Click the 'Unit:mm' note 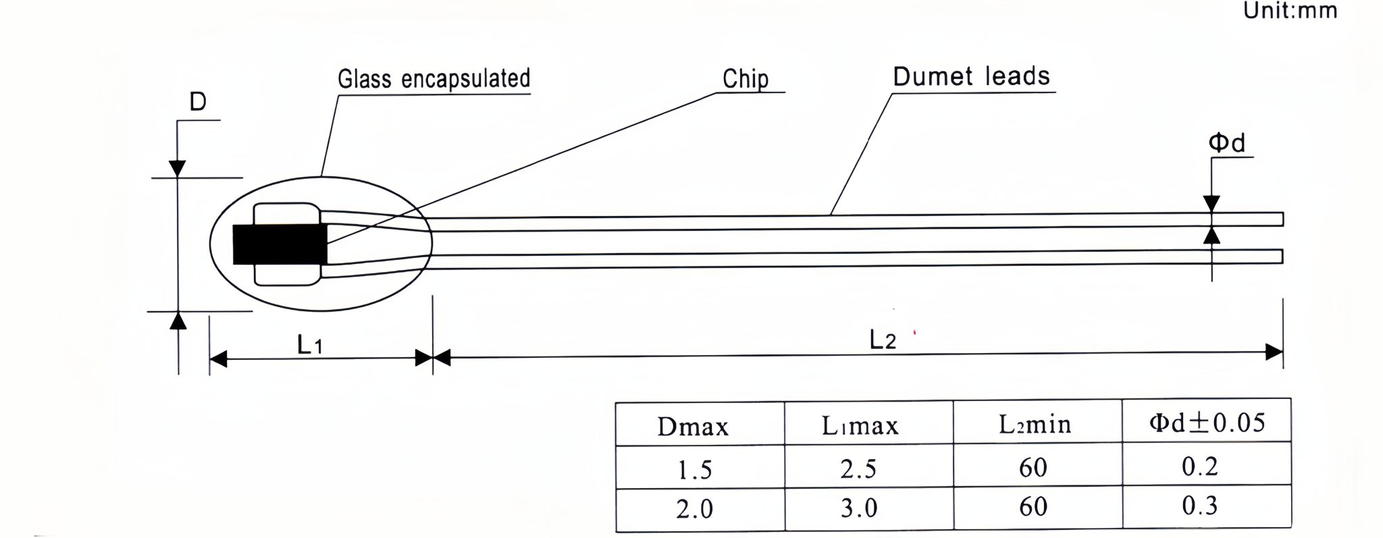click(x=1290, y=11)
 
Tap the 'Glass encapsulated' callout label click(x=434, y=78)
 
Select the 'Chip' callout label click(x=746, y=79)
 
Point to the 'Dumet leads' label click(x=971, y=76)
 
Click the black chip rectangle click(x=280, y=244)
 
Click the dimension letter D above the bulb click(x=197, y=102)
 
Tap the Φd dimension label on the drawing click(x=1227, y=142)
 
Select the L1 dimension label click(x=310, y=344)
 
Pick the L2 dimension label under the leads click(x=883, y=340)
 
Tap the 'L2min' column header click(x=1035, y=424)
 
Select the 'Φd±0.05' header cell click(x=1207, y=423)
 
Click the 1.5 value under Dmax click(x=694, y=470)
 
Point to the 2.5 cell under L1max click(x=858, y=468)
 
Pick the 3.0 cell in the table click(x=859, y=508)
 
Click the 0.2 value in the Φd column click(x=1200, y=466)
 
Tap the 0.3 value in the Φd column click(x=1200, y=505)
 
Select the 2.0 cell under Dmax click(x=694, y=509)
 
